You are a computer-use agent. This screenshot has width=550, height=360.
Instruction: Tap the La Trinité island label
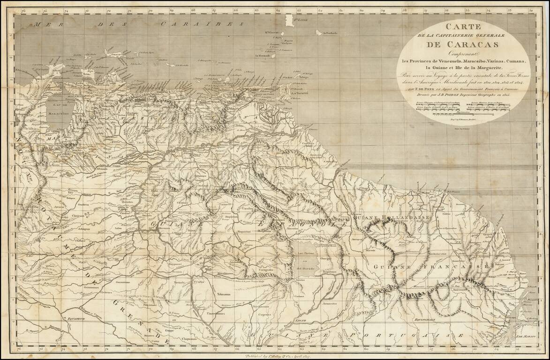299,93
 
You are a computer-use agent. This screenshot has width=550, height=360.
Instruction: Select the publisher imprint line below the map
276,355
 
